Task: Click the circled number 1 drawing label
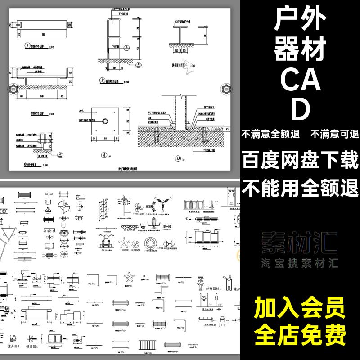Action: pyautogui.click(x=27, y=46)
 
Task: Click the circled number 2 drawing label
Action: pyautogui.click(x=103, y=81)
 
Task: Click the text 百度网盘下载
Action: pyautogui.click(x=300, y=160)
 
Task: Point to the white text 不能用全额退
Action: pyautogui.click(x=300, y=186)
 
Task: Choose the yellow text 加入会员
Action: pyautogui.click(x=300, y=310)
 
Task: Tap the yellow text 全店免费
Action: pyautogui.click(x=300, y=335)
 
